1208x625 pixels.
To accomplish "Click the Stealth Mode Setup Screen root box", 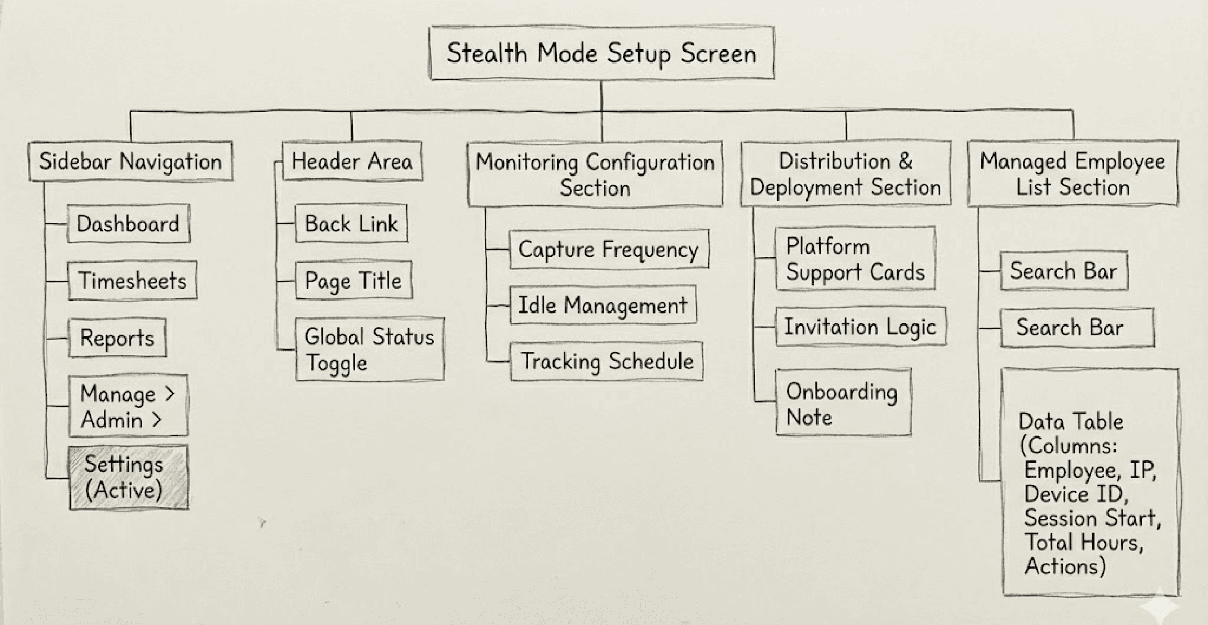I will (601, 53).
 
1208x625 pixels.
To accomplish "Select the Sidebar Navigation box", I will (130, 161).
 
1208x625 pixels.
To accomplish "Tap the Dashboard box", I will (128, 224).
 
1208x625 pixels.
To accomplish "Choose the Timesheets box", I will (132, 281).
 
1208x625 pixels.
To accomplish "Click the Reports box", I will (117, 338).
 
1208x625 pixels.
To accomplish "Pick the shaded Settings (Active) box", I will (129, 477).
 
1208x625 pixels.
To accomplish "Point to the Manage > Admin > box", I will (128, 406).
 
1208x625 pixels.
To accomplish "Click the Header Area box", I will (352, 161).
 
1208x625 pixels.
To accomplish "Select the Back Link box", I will (351, 224).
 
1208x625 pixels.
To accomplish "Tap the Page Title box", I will (353, 281).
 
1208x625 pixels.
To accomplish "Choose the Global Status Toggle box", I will (370, 349).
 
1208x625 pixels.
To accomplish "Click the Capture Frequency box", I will (609, 249).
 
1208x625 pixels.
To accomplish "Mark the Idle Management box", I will (602, 305).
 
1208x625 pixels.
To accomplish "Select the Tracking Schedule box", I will (607, 361).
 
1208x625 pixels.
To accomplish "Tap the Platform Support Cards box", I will (855, 259).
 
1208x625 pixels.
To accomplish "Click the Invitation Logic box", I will (860, 327).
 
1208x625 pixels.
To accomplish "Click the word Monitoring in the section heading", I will (526, 162).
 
